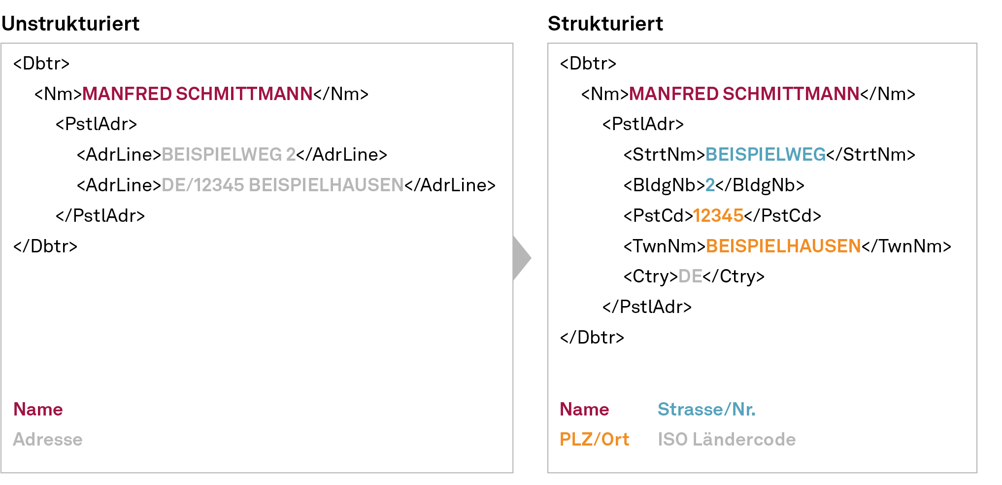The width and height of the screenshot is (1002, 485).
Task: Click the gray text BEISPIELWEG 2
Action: (x=229, y=155)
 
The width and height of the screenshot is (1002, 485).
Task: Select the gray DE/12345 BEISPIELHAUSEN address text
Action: (x=282, y=185)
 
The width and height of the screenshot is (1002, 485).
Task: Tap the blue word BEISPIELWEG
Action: (x=765, y=155)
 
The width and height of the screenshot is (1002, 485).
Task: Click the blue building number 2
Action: (x=710, y=185)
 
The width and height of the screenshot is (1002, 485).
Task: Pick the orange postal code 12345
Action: (x=718, y=216)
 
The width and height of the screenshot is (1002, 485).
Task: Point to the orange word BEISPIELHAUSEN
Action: (x=783, y=246)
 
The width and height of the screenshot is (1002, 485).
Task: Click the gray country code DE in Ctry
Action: (x=690, y=277)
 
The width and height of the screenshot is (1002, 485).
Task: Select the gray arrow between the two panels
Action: (x=521, y=258)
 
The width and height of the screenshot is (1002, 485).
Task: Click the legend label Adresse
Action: (x=48, y=439)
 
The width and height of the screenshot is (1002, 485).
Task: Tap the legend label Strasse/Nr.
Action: (x=706, y=409)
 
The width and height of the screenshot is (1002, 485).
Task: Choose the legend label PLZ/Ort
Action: (x=594, y=439)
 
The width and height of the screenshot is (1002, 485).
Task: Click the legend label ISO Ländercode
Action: (x=727, y=439)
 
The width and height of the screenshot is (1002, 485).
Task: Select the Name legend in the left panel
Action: (x=38, y=409)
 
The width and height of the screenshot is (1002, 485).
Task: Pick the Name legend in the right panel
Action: (x=584, y=409)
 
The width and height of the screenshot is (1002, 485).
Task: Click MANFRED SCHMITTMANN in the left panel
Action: (x=197, y=94)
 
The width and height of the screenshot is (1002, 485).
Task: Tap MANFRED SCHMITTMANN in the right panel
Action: (x=744, y=94)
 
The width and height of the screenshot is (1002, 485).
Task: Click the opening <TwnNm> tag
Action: (x=664, y=246)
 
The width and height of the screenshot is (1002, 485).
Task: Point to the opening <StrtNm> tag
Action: (x=664, y=155)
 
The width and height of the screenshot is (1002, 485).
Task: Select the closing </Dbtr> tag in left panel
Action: (x=45, y=246)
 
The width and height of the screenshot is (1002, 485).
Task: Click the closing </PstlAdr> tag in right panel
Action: (x=647, y=307)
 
